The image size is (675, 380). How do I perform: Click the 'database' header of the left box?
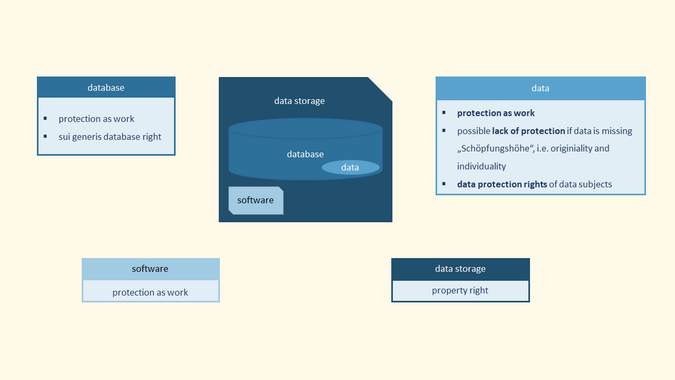tap(106, 88)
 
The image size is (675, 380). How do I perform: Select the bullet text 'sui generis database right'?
tap(110, 137)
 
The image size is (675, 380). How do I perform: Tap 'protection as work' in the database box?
tap(97, 119)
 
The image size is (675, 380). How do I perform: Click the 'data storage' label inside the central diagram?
tap(299, 101)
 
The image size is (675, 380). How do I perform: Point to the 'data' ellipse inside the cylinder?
tap(351, 168)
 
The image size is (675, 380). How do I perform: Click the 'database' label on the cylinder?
tap(305, 154)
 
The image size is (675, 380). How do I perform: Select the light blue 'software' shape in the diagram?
tap(255, 201)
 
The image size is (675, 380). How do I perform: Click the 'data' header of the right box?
tap(540, 88)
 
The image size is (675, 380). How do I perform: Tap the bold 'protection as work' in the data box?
tap(496, 113)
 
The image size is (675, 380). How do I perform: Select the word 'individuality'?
tap(481, 166)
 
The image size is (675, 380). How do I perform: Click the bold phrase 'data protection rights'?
tap(502, 185)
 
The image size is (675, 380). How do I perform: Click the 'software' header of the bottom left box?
tap(150, 269)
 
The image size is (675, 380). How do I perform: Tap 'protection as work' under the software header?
tap(150, 292)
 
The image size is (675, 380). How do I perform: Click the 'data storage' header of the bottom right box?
tap(460, 269)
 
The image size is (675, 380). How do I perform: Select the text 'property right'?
tap(460, 291)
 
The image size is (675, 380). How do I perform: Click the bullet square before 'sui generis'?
tap(45, 137)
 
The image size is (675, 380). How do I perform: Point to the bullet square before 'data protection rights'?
tap(444, 185)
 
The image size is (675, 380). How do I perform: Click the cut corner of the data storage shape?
tap(382, 88)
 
